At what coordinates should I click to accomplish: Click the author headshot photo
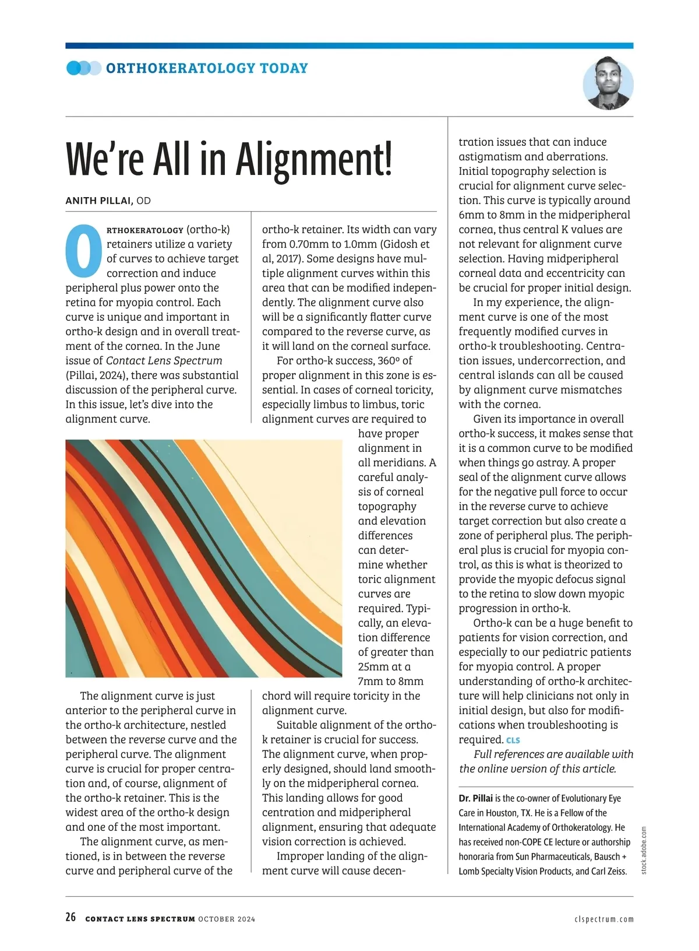(x=608, y=84)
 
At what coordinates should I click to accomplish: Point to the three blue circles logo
(x=84, y=68)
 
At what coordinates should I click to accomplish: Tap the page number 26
(x=70, y=917)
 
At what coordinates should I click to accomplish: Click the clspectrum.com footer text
(x=603, y=919)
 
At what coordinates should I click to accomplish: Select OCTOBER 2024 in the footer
(x=227, y=919)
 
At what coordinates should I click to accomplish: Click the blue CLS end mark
(x=513, y=741)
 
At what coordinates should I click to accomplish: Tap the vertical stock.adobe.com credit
(x=644, y=850)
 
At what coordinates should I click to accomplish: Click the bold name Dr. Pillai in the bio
(x=475, y=798)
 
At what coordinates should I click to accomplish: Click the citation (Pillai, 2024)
(x=95, y=375)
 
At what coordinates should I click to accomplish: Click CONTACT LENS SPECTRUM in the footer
(x=140, y=919)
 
